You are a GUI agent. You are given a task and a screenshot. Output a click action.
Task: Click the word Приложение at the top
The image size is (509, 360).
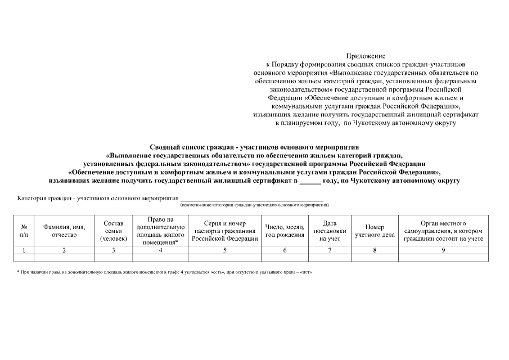click(366, 56)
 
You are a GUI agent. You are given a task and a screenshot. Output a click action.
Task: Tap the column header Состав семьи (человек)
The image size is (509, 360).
click(114, 231)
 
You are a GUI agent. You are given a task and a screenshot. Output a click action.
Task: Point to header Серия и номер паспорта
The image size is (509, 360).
click(224, 231)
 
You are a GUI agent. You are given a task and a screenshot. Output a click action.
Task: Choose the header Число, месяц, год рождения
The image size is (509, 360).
click(285, 231)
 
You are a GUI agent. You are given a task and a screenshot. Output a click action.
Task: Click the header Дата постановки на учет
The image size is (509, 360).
click(330, 231)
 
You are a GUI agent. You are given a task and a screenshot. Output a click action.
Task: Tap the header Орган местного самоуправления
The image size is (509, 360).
click(443, 231)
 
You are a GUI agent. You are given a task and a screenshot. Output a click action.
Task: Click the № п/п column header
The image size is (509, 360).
click(24, 231)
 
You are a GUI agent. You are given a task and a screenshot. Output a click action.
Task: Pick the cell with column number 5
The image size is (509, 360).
click(224, 250)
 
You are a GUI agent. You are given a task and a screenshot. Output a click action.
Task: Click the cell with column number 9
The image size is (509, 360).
click(443, 250)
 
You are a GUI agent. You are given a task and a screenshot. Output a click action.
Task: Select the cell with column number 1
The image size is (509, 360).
click(24, 250)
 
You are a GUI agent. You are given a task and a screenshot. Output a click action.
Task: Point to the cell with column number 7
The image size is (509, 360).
click(330, 250)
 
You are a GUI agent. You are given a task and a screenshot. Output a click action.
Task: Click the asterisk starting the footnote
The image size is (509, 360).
click(18, 272)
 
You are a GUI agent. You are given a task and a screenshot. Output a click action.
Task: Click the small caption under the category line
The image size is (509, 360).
click(254, 205)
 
